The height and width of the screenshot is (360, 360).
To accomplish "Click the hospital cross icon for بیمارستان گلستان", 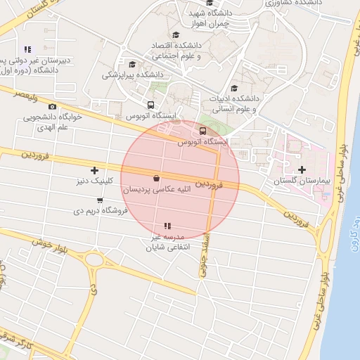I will [302, 169].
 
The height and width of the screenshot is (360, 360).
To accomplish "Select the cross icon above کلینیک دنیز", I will [95, 170].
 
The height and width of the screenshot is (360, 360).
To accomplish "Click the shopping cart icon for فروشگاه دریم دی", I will [99, 200].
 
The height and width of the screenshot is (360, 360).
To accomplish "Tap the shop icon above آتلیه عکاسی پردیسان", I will [155, 179].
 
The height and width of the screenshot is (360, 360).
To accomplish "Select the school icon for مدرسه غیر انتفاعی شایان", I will [167, 226].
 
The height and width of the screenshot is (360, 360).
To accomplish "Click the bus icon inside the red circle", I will [203, 131].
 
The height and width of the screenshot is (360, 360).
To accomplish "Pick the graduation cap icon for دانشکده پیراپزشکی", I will [132, 63].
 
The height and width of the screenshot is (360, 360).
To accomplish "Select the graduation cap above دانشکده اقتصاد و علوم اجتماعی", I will [176, 35].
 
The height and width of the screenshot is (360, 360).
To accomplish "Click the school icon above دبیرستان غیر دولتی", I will [28, 49].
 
